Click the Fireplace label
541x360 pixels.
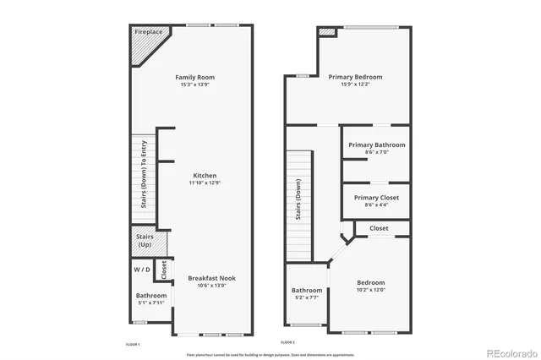(149, 31)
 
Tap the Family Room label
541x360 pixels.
(194, 77)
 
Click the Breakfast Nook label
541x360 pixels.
(212, 278)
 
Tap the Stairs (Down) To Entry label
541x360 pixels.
(144, 174)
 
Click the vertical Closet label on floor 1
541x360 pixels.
(164, 270)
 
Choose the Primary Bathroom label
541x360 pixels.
(376, 145)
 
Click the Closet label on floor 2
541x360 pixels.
(379, 228)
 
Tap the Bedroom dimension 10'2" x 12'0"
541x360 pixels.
(370, 290)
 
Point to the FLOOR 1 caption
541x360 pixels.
(133, 344)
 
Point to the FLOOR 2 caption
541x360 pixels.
(287, 342)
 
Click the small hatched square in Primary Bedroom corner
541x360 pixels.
(327, 32)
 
